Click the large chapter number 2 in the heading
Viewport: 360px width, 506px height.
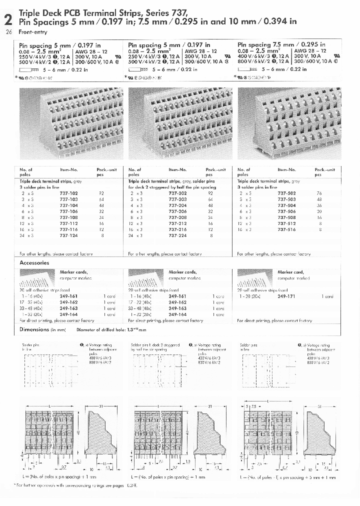[8, 20]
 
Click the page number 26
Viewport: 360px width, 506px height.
[8, 31]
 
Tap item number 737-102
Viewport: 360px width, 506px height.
[68, 192]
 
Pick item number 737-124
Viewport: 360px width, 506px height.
[68, 235]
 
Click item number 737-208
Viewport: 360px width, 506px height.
[177, 217]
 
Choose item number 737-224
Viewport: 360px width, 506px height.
[177, 235]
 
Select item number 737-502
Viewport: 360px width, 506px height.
[286, 192]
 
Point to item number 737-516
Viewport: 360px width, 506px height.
[286, 229]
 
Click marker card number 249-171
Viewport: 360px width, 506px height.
[286, 296]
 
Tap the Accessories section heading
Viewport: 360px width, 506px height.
[34, 262]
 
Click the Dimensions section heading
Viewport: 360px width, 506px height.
[34, 329]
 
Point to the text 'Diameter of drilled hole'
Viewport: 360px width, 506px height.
[100, 330]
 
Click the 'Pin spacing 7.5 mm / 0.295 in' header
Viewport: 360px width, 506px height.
[281, 44]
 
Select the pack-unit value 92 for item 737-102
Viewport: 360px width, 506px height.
[101, 192]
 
